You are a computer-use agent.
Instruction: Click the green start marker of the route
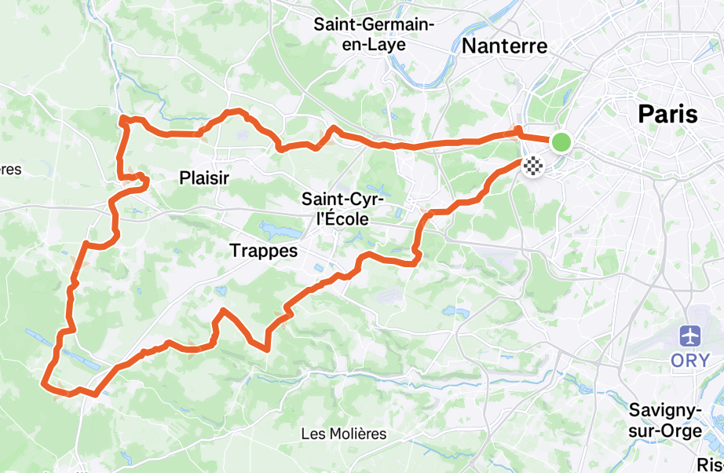coord(561,142)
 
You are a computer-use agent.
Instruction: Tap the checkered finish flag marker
coord(534,165)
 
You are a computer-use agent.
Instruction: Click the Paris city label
coord(667,114)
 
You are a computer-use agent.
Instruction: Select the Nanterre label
coord(504,46)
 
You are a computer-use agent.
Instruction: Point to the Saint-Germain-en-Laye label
coord(374,35)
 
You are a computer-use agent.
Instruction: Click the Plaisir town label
coord(204,178)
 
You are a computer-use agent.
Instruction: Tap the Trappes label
coord(264,251)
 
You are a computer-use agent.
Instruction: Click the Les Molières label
coord(344,434)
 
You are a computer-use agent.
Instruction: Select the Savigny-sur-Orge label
coord(665,420)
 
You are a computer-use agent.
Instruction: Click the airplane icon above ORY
coord(691,336)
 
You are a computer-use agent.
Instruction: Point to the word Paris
coord(667,114)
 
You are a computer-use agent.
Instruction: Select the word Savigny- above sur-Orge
coord(665,410)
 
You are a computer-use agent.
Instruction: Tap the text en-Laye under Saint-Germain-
coord(374,45)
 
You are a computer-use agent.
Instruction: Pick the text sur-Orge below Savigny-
coord(665,431)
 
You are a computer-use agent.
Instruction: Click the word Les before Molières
coord(312,434)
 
